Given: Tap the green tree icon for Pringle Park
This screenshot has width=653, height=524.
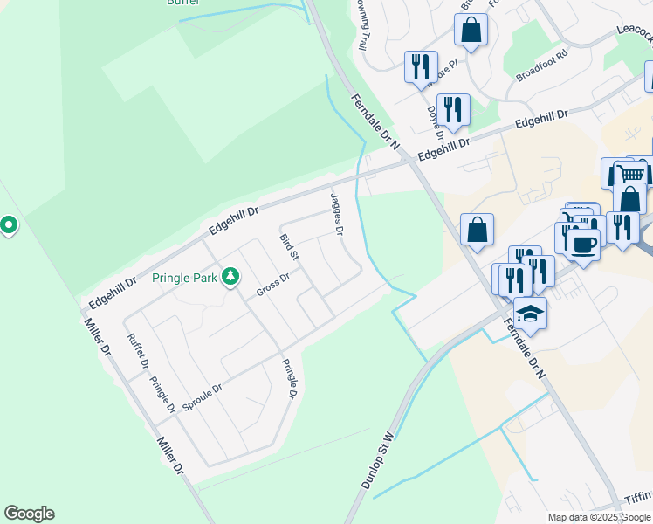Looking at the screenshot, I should [x=230, y=277].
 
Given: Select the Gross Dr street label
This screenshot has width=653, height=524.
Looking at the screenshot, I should [x=272, y=284].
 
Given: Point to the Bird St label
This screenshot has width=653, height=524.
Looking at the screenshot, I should [x=289, y=246].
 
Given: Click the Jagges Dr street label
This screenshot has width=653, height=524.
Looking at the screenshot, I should [x=337, y=214].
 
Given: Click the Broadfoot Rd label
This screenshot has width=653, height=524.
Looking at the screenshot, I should [x=541, y=65].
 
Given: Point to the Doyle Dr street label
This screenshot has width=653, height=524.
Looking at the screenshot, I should [x=434, y=123].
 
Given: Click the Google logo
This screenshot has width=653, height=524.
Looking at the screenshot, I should [x=29, y=514].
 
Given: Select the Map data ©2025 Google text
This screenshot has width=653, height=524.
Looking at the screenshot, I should [x=598, y=517].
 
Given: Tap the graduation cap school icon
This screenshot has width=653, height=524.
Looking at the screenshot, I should [x=530, y=312].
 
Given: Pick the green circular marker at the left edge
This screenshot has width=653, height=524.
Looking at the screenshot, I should [x=9, y=226].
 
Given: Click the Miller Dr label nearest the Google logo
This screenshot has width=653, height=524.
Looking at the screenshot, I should [x=169, y=455].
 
